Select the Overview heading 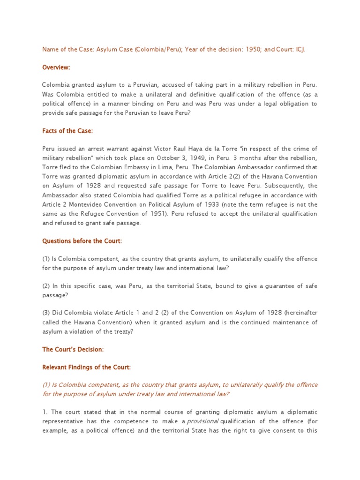tap(56, 67)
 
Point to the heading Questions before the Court tap(82, 241)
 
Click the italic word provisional tap(205, 421)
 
